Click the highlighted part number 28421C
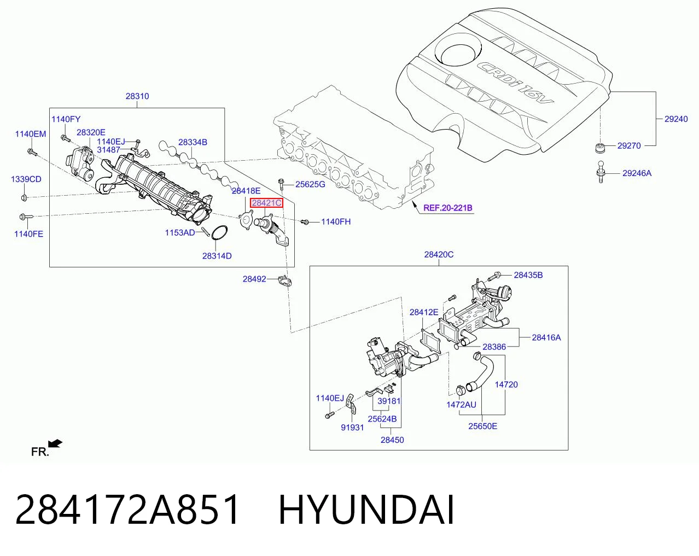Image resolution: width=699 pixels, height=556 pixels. [x=266, y=203]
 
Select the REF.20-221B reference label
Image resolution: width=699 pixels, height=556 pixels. [x=448, y=208]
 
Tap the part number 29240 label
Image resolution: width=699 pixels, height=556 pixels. [x=676, y=119]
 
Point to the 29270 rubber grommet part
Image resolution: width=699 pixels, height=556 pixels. [x=600, y=148]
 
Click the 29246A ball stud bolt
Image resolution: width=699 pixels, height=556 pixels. [x=601, y=172]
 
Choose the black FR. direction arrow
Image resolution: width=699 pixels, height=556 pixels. [x=55, y=443]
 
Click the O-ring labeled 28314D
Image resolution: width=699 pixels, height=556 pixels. [x=219, y=233]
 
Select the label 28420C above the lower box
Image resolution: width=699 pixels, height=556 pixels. [x=439, y=255]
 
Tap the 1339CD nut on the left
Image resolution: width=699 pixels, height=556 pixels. [x=24, y=197]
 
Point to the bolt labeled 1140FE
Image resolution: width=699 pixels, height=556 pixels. [x=27, y=216]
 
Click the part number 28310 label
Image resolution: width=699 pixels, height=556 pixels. [x=137, y=96]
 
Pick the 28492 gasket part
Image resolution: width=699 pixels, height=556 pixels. [x=285, y=280]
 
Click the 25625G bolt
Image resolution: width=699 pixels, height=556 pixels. [x=281, y=184]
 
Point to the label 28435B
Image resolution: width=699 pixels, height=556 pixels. [x=528, y=275]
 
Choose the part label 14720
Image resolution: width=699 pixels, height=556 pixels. [x=506, y=384]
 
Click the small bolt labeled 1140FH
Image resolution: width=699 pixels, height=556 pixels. [x=304, y=222]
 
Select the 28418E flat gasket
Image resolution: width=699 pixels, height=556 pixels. [x=246, y=220]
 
